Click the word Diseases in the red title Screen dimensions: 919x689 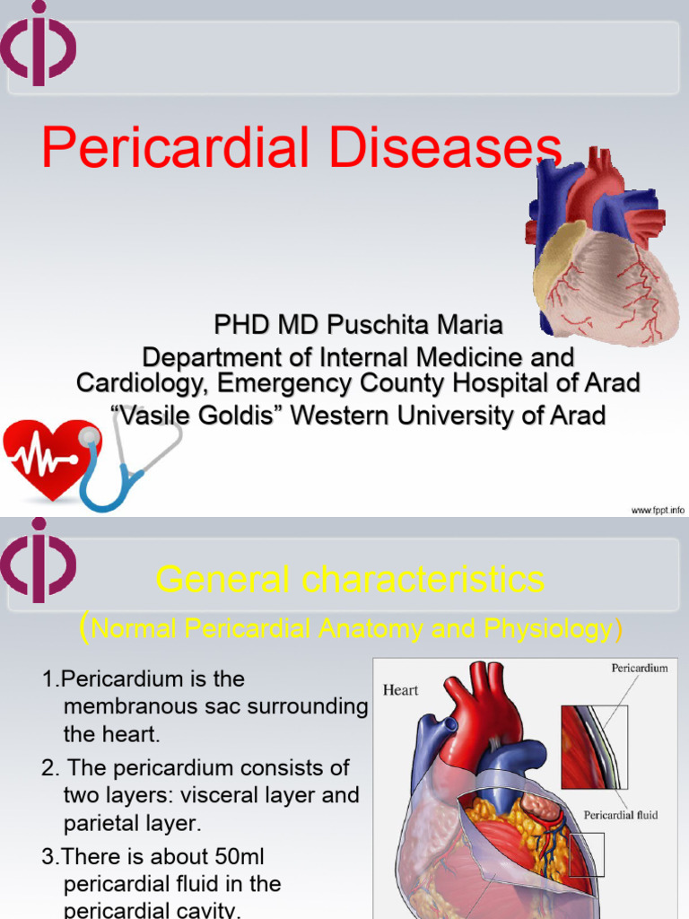point(445,148)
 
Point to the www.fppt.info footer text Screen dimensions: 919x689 point(657,510)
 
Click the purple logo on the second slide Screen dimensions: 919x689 point(38,561)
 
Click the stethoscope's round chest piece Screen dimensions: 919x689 point(89,436)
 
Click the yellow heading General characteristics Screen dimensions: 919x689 point(350,580)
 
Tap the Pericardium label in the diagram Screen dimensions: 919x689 point(639,669)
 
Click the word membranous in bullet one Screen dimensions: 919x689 point(131,707)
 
